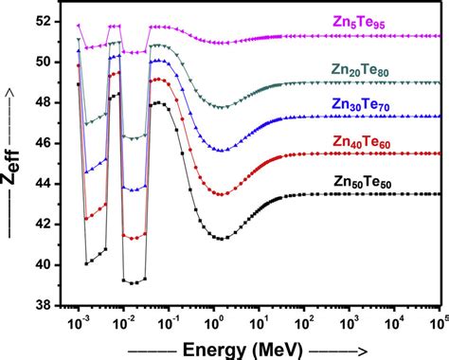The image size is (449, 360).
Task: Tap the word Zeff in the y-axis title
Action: [x=16, y=171]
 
